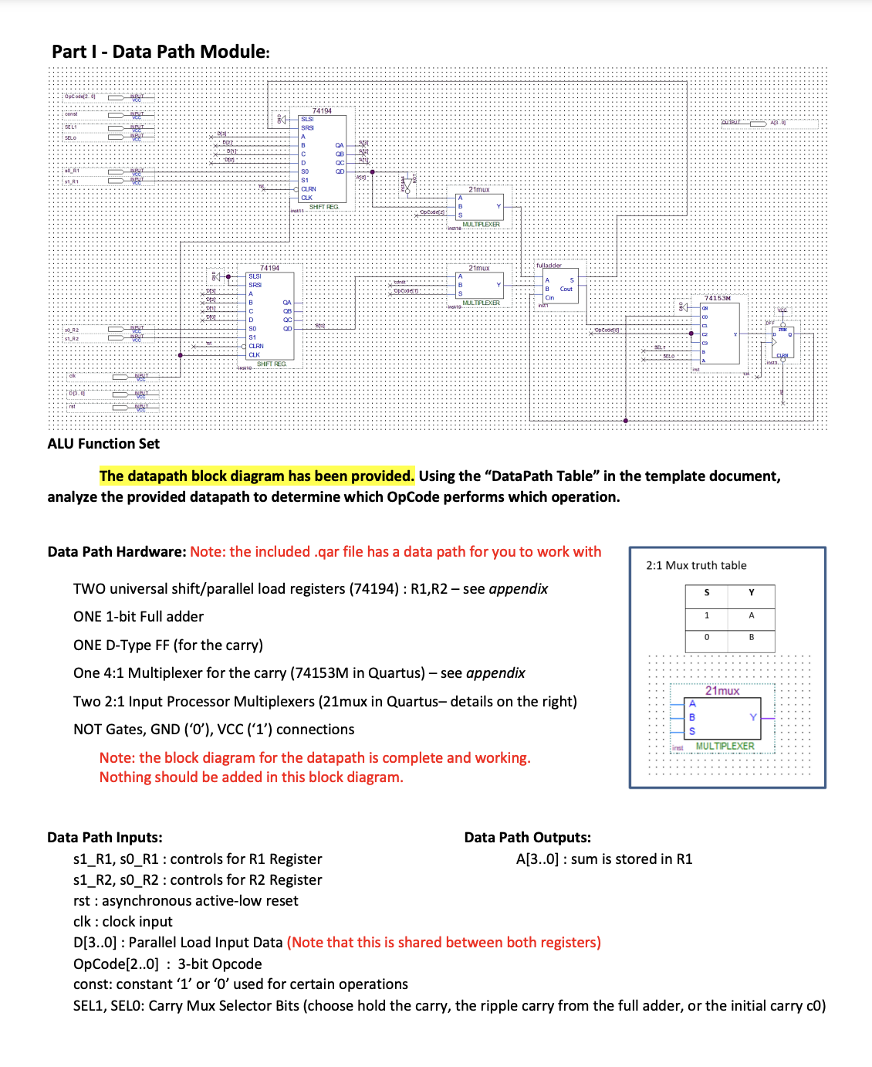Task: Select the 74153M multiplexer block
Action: click(x=719, y=332)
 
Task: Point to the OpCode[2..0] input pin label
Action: click(x=80, y=97)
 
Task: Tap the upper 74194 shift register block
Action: click(x=323, y=158)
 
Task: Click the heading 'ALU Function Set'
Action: click(x=103, y=444)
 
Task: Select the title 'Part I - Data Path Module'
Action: click(x=161, y=52)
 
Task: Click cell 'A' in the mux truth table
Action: click(x=751, y=615)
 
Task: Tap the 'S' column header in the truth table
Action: click(x=706, y=593)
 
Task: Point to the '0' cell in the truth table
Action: click(x=706, y=637)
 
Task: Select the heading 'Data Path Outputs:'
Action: click(x=527, y=838)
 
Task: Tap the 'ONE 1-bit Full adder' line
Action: click(x=138, y=617)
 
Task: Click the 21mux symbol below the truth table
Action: click(x=722, y=718)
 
